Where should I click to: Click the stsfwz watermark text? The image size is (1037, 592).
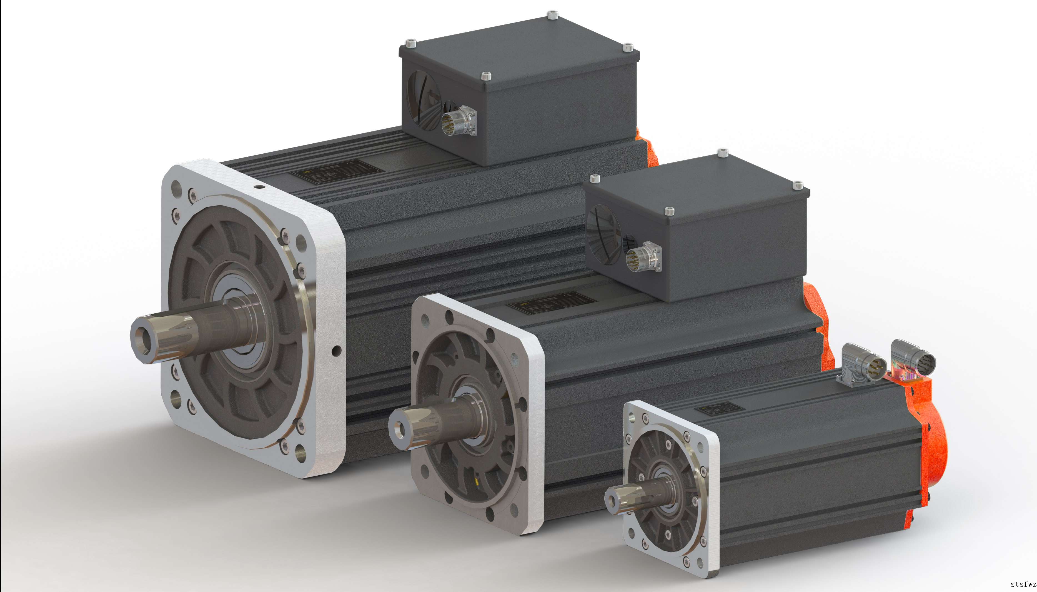(1023, 584)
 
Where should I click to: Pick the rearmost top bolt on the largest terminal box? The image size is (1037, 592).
(552, 16)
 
